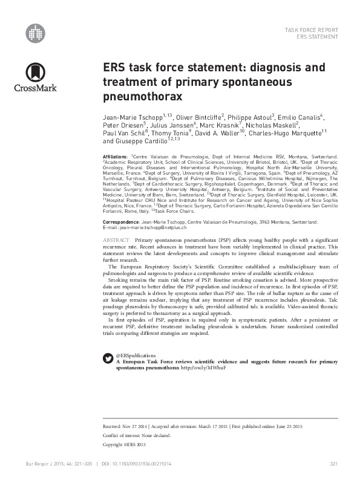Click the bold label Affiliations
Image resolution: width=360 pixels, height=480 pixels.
pyautogui.click(x=115, y=157)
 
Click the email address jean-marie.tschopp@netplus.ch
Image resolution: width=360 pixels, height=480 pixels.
pyautogui.click(x=148, y=228)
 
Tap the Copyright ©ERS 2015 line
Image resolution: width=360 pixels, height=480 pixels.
pyautogui.click(x=125, y=444)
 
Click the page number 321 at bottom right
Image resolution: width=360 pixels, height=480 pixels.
pyautogui.click(x=333, y=464)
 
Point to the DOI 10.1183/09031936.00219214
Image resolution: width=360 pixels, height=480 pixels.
pyautogui.click(x=145, y=464)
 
